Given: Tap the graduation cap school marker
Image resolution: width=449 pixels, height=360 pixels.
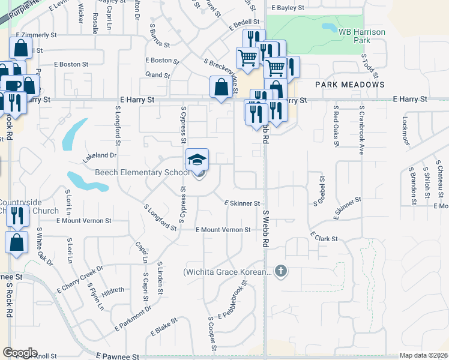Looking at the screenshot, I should pyautogui.click(x=197, y=160).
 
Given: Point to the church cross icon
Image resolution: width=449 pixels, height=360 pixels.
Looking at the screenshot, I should pyautogui.click(x=281, y=272).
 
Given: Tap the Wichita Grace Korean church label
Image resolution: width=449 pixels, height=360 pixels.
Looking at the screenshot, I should pyautogui.click(x=228, y=272).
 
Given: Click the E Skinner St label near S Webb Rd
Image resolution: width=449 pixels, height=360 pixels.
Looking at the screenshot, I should pyautogui.click(x=242, y=204).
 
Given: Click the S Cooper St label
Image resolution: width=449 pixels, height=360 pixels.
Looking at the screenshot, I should pyautogui.click(x=211, y=333).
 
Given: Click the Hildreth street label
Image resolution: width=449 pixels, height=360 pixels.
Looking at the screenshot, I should pyautogui.click(x=113, y=290).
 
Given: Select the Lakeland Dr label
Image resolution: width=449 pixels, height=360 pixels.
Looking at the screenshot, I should pyautogui.click(x=99, y=155).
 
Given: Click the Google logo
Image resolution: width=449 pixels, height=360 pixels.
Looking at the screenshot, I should pyautogui.click(x=20, y=353).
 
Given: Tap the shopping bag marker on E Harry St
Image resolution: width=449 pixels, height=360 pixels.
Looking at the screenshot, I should pyautogui.click(x=221, y=87).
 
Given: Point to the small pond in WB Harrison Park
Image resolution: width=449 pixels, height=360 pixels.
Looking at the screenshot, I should pyautogui.click(x=330, y=27).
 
